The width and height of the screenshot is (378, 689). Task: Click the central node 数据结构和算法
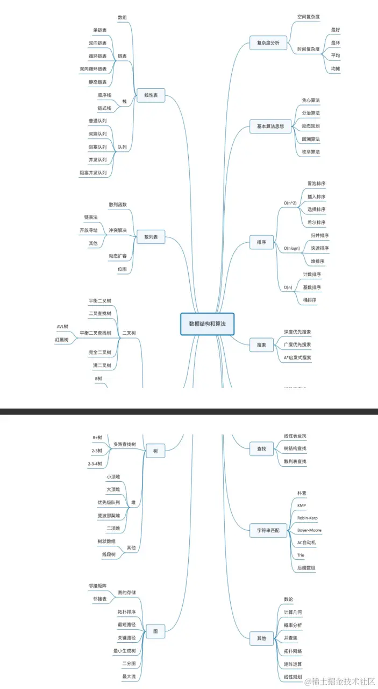[207, 324]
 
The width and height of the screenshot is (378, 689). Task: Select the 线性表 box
[151, 96]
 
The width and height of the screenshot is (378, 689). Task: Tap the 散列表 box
[151, 237]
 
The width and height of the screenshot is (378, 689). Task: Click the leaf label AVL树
[62, 327]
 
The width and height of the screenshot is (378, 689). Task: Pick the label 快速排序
[319, 248]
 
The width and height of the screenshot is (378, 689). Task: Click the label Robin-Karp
[307, 518]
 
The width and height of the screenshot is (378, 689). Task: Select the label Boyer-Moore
[309, 530]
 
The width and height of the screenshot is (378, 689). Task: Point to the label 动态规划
[311, 126]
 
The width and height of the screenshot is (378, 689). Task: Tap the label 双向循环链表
[93, 69]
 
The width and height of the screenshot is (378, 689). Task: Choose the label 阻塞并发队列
[93, 173]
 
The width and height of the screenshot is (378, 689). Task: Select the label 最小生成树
[124, 651]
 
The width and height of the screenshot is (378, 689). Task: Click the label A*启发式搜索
[297, 357]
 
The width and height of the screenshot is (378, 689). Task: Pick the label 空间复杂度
[309, 17]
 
